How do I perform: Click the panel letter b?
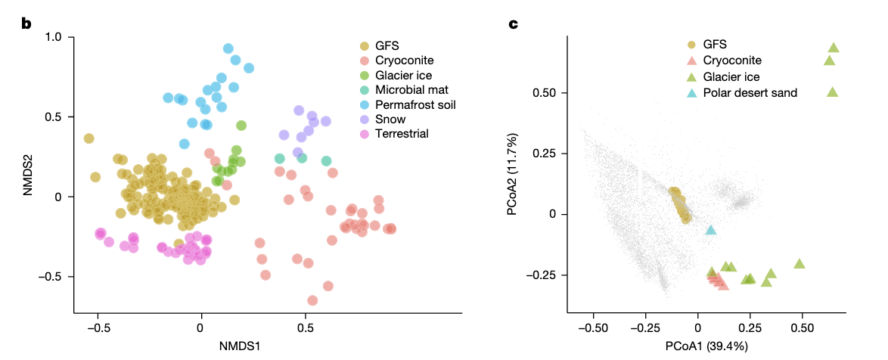tap(26, 23)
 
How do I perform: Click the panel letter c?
tap(513, 23)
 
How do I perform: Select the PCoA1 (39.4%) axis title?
tap(706, 346)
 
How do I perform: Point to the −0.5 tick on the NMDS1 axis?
tap(98, 328)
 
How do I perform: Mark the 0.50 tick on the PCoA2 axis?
tap(545, 93)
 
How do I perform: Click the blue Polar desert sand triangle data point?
tap(710, 230)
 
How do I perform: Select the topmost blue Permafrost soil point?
tap(228, 48)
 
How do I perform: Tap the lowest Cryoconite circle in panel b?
tap(312, 300)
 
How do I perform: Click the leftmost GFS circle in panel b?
tap(88, 138)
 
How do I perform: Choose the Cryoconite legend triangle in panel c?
tap(692, 61)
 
